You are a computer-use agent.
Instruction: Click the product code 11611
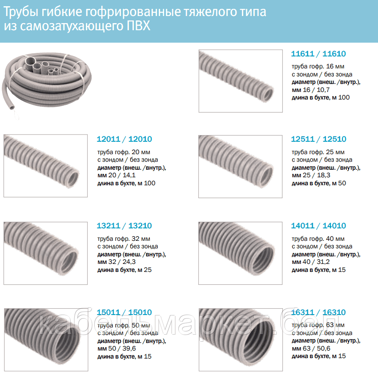[x=302, y=54]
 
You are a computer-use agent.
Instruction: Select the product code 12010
[x=140, y=139]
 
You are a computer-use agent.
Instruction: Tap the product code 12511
[x=303, y=139]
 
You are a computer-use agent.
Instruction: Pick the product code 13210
[x=140, y=226]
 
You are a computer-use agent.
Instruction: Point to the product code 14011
[x=303, y=226]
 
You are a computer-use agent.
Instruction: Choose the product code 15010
[x=140, y=312]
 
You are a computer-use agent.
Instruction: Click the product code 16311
[x=302, y=312]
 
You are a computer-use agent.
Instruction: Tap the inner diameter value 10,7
[x=323, y=90]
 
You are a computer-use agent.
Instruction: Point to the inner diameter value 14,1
[x=129, y=175]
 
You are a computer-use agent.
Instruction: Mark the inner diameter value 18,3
[x=323, y=175]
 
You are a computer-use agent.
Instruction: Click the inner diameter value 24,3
[x=129, y=262]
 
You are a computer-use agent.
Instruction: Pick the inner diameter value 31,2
[x=323, y=262]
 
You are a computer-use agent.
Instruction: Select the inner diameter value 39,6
[x=129, y=348]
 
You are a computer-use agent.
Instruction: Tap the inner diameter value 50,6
[x=323, y=348]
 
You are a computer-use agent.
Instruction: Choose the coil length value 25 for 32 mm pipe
[x=148, y=270]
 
